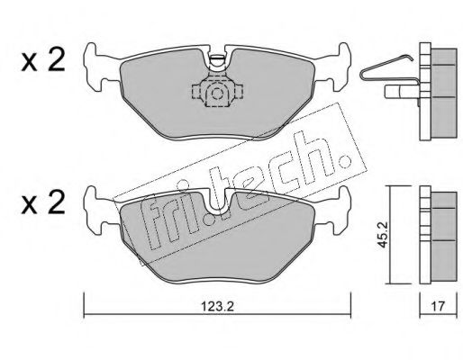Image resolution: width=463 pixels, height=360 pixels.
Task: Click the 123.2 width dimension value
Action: [x=217, y=307]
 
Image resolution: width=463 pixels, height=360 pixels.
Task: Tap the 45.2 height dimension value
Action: [x=382, y=235]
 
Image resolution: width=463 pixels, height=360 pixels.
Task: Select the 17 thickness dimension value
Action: [x=438, y=307]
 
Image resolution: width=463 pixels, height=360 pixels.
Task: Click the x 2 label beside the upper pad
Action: [x=43, y=60]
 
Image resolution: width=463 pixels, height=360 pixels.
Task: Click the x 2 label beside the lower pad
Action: [x=43, y=202]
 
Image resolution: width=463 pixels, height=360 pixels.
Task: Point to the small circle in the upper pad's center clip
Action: [x=216, y=94]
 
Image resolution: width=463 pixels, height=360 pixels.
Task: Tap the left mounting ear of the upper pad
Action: [x=99, y=67]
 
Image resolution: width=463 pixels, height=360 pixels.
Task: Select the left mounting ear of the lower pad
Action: [x=99, y=210]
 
